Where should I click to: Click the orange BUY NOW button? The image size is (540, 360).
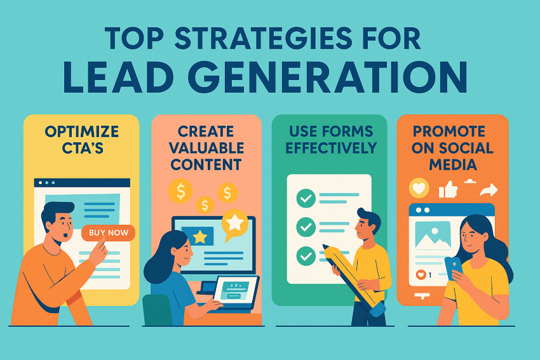(x=109, y=232)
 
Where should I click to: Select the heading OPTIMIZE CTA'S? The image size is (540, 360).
(x=81, y=140)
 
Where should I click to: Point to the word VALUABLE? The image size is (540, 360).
(x=206, y=148)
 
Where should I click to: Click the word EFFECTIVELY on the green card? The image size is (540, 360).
(x=330, y=148)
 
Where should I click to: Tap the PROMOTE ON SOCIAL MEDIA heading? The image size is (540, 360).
(x=452, y=148)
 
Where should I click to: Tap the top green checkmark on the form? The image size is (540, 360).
(x=306, y=198)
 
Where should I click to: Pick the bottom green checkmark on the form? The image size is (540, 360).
(x=306, y=255)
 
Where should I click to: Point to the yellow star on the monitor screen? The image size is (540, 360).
(x=200, y=237)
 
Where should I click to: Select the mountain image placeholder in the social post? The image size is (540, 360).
(x=433, y=235)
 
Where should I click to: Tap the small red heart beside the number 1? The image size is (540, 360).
(x=421, y=275)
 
